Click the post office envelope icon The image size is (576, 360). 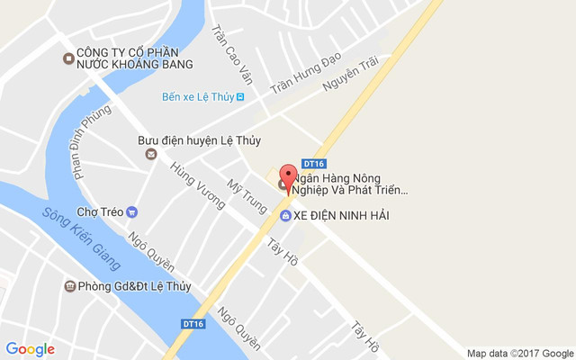click(x=150, y=154)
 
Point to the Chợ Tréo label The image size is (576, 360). click(x=98, y=212)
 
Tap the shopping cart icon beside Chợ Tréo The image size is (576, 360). click(x=132, y=212)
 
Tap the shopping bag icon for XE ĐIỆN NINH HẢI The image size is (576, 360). click(x=284, y=216)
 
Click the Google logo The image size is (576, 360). click(x=30, y=349)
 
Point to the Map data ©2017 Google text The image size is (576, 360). click(x=519, y=353)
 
